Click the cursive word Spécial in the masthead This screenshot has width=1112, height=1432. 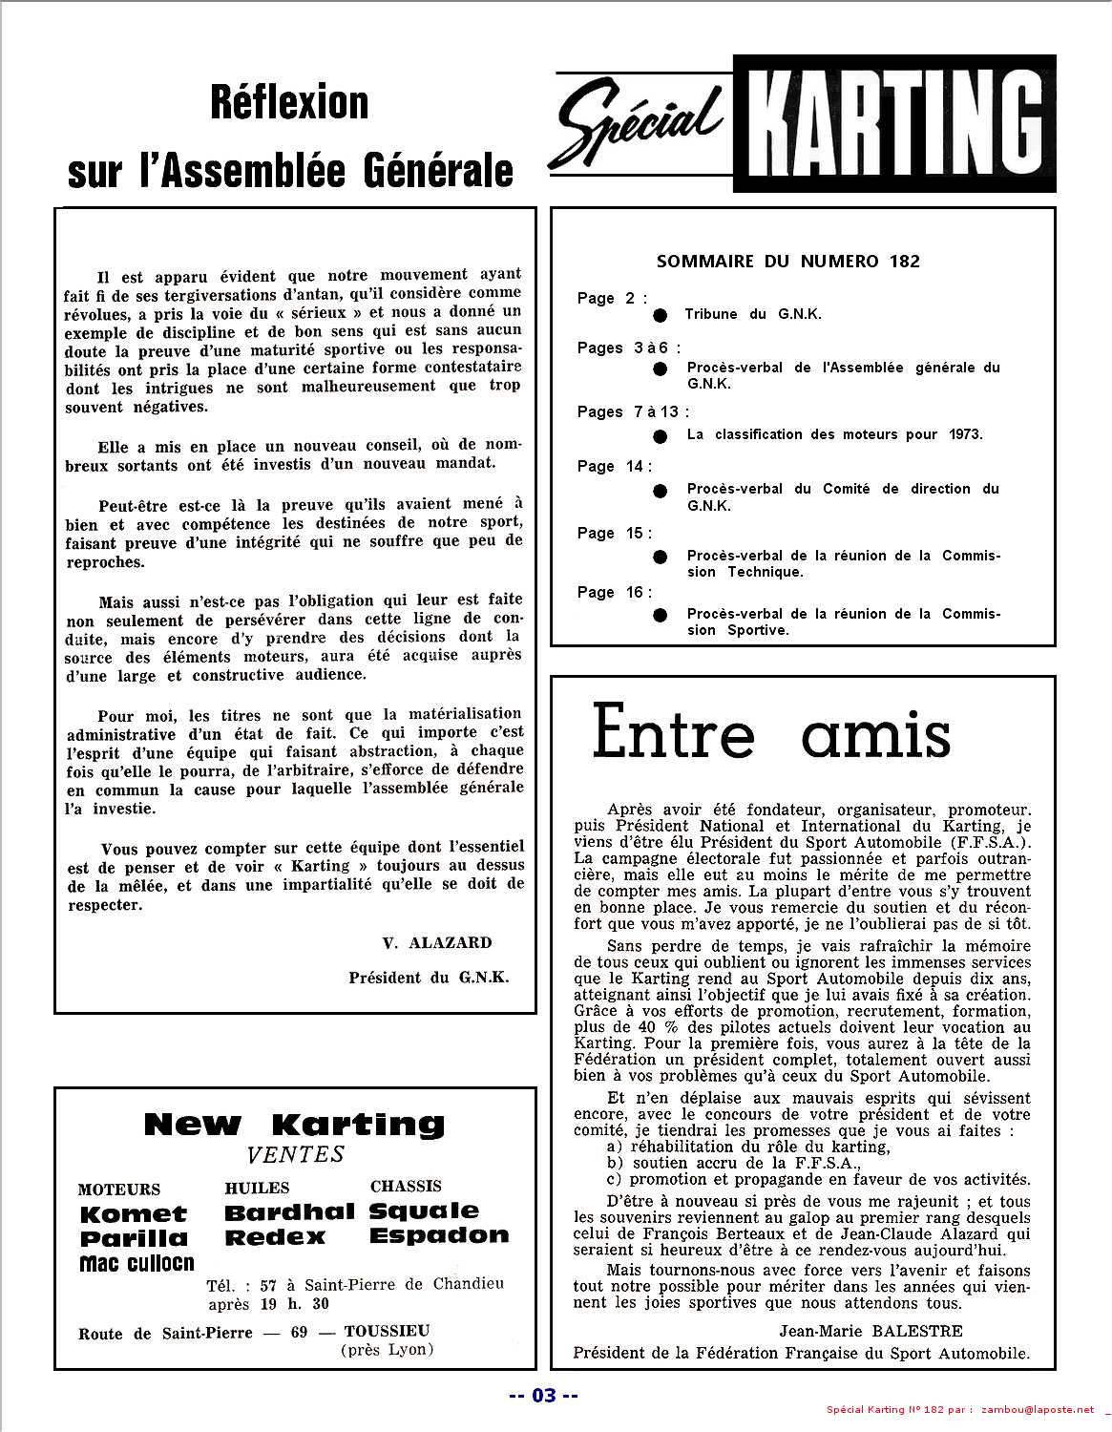pos(637,123)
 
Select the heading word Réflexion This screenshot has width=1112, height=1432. pos(289,102)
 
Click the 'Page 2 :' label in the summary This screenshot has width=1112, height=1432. pos(611,299)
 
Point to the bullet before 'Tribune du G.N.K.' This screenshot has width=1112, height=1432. pos(659,315)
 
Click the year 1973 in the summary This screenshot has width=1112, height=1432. pos(964,434)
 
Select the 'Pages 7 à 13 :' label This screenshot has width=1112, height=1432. pos(632,411)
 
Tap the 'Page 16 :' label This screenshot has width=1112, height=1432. pos(614,592)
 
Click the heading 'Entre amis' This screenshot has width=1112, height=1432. pos(771,733)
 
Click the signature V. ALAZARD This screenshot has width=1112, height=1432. pos(436,942)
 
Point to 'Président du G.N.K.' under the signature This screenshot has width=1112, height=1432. pos(429,978)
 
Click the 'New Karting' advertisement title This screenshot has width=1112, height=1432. pos(294,1125)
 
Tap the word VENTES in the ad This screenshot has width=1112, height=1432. pos(295,1154)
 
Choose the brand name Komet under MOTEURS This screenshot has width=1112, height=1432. pos(134,1214)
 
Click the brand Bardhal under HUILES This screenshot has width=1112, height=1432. pos(289,1212)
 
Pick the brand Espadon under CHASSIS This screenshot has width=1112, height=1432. pos(438,1235)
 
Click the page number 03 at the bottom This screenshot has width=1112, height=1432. pos(543,1396)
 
